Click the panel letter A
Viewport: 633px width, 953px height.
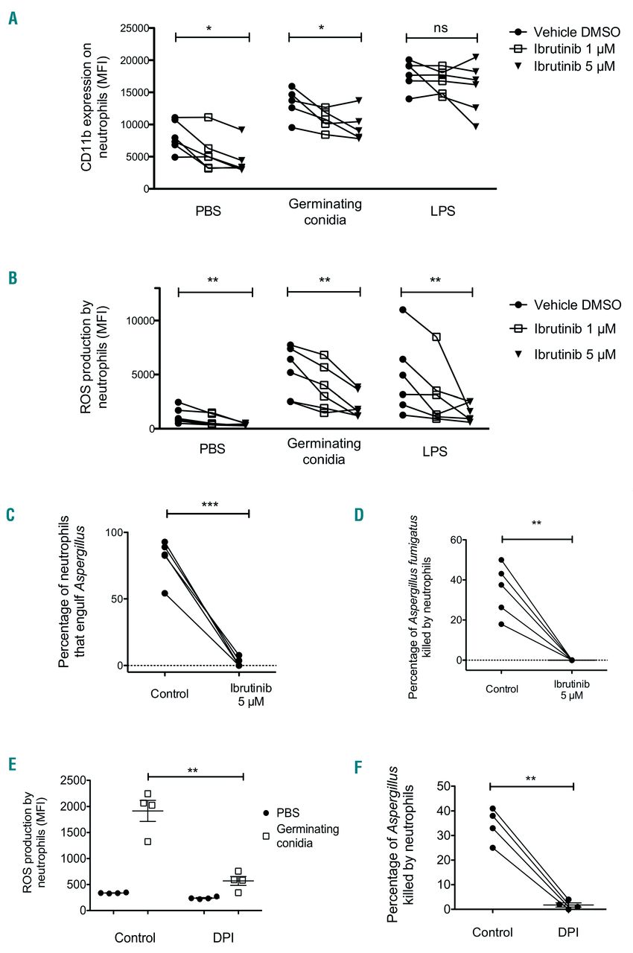[x=13, y=16]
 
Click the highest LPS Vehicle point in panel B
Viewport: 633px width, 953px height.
[x=403, y=310]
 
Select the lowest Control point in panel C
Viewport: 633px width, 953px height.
[x=165, y=593]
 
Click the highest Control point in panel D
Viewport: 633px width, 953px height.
[x=501, y=560]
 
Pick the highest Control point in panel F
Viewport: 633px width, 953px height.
[x=493, y=809]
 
